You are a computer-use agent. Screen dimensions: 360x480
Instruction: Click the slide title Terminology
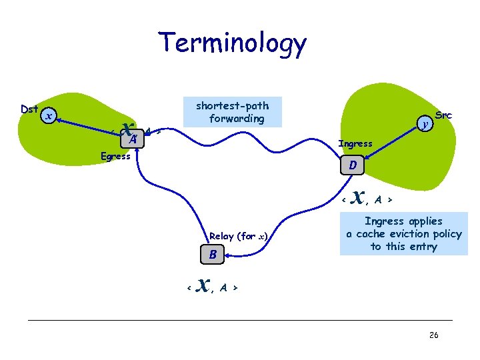233,44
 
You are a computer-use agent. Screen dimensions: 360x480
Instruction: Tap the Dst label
29,109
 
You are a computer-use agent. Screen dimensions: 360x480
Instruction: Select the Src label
443,115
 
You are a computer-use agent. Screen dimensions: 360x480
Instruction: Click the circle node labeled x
48,117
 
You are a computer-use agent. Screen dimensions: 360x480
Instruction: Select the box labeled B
212,254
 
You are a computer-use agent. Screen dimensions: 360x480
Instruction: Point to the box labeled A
133,139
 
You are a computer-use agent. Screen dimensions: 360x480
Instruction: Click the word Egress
115,157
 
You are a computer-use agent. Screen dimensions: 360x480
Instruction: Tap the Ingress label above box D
355,143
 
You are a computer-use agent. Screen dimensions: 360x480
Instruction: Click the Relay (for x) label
239,236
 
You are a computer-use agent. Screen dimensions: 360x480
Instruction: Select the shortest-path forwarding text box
233,112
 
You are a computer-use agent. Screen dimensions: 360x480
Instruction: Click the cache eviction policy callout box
403,233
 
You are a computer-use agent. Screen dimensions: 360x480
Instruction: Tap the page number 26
433,335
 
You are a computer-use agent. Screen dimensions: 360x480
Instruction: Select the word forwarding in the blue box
237,119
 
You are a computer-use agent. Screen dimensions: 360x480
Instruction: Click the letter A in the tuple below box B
224,287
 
